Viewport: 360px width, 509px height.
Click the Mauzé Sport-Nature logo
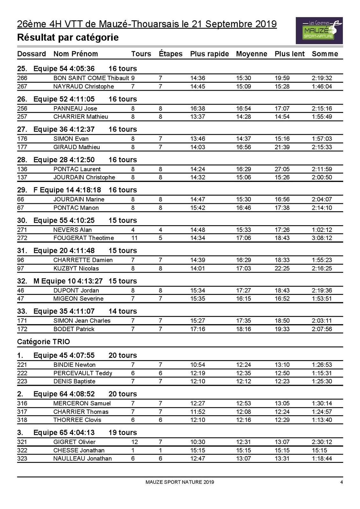319,31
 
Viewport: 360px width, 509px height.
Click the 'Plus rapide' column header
209,54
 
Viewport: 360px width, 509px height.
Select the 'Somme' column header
325,54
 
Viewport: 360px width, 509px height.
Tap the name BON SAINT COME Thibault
91,78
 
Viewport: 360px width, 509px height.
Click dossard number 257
22,117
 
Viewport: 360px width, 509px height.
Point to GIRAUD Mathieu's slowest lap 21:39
282,147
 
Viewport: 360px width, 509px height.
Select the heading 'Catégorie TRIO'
44,342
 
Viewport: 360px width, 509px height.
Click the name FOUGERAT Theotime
83,238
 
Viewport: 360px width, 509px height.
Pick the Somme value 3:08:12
322,238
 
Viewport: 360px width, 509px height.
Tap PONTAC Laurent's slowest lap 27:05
282,169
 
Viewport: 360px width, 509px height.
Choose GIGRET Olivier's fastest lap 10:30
198,442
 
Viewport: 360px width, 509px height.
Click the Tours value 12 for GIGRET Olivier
134,442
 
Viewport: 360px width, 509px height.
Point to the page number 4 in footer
342,482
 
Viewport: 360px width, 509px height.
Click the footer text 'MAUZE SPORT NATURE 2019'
180,482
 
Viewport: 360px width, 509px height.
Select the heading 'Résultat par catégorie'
68,38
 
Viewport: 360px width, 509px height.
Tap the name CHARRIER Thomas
81,412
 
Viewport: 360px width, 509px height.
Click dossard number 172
22,329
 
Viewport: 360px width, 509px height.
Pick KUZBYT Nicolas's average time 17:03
244,268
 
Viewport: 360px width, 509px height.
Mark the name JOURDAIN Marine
79,199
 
